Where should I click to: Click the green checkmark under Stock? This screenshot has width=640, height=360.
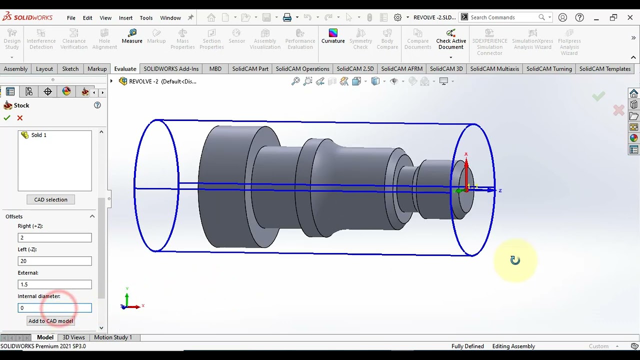pyautogui.click(x=7, y=118)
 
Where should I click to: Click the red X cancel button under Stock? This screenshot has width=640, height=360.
pyautogui.click(x=20, y=118)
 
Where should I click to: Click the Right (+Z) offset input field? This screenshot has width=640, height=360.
pyautogui.click(x=54, y=237)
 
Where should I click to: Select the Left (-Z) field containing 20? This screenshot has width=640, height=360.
pyautogui.click(x=54, y=261)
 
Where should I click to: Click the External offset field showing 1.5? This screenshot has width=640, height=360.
pyautogui.click(x=54, y=284)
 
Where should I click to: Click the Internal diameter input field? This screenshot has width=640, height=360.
pyautogui.click(x=54, y=308)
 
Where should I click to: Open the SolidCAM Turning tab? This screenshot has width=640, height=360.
pyautogui.click(x=548, y=69)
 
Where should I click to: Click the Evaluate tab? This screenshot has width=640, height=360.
pyautogui.click(x=125, y=69)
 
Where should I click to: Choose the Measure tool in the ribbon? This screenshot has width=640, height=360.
pyautogui.click(x=132, y=36)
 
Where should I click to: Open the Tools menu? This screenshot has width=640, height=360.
pyautogui.click(x=146, y=17)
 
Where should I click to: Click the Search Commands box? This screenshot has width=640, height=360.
pyautogui.click(x=502, y=17)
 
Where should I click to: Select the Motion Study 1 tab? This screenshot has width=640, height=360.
pyautogui.click(x=113, y=337)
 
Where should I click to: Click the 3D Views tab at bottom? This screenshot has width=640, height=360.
pyautogui.click(x=73, y=337)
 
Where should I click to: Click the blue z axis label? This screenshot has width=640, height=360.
pyautogui.click(x=500, y=190)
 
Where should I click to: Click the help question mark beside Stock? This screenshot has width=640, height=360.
pyautogui.click(x=97, y=105)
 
